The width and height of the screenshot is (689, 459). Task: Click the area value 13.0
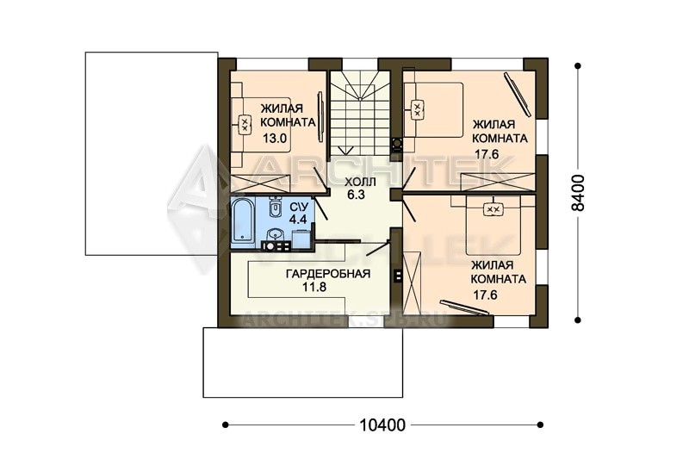pos(275,139)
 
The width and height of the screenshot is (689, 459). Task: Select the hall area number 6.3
pos(357,195)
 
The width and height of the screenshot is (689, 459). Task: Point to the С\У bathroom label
pos(299,206)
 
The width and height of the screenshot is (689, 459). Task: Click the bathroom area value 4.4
pos(298,218)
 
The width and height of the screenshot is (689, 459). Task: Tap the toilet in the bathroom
pos(275,208)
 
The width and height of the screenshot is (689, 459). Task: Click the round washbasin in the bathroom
pos(276,233)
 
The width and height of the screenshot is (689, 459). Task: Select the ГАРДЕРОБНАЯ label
pos(328,274)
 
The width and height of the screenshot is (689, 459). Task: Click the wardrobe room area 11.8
pos(314,288)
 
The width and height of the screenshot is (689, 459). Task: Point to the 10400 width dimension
pos(382,425)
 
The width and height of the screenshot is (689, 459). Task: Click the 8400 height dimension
pos(578,193)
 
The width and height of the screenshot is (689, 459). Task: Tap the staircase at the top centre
pos(360,113)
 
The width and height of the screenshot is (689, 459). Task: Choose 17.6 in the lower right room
pos(485,295)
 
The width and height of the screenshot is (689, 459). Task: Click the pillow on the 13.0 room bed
pos(245,124)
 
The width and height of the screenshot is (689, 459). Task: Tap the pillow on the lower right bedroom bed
pos(493,209)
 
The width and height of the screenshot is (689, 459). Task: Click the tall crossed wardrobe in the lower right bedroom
pos(413,280)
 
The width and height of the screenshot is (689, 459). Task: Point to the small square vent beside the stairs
pos(396,144)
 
